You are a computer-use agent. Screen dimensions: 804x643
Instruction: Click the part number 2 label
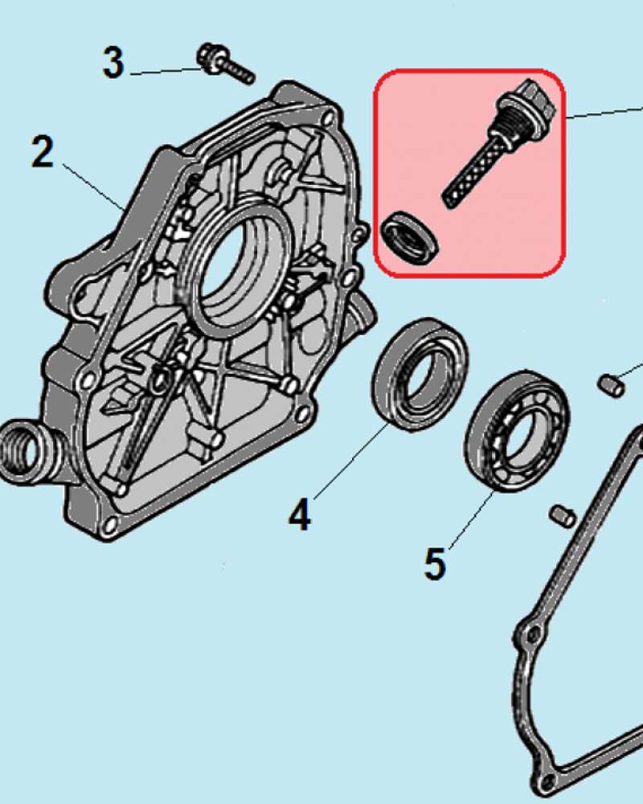click(42, 152)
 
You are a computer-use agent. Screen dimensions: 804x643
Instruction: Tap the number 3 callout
click(113, 63)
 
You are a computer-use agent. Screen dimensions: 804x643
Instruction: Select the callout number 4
click(299, 514)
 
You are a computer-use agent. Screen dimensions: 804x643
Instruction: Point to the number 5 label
click(434, 564)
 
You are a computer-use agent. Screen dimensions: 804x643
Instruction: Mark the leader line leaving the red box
click(603, 112)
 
